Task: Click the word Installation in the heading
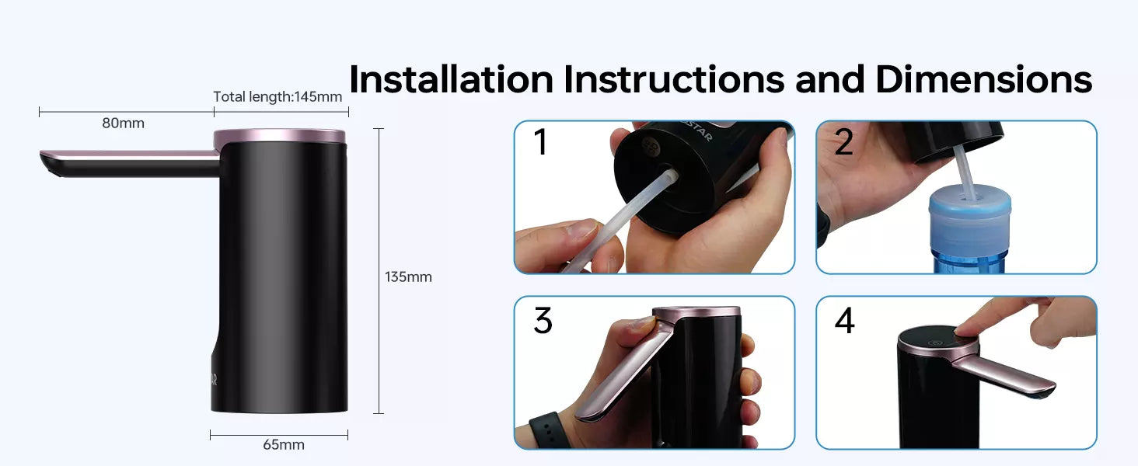coord(451,80)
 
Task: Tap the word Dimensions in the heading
coord(983,80)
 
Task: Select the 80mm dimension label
coord(123,123)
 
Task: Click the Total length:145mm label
coord(278,96)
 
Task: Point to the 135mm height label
coord(408,277)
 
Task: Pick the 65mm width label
coord(284,445)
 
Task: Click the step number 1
coord(541,142)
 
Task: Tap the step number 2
coord(844,142)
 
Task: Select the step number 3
coord(543,320)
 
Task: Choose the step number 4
coord(845,320)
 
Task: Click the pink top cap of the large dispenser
coord(279,136)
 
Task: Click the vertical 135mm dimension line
coord(379,271)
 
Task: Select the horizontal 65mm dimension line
coord(279,435)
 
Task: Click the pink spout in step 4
coord(1004,377)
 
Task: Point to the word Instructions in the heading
coord(674,80)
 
